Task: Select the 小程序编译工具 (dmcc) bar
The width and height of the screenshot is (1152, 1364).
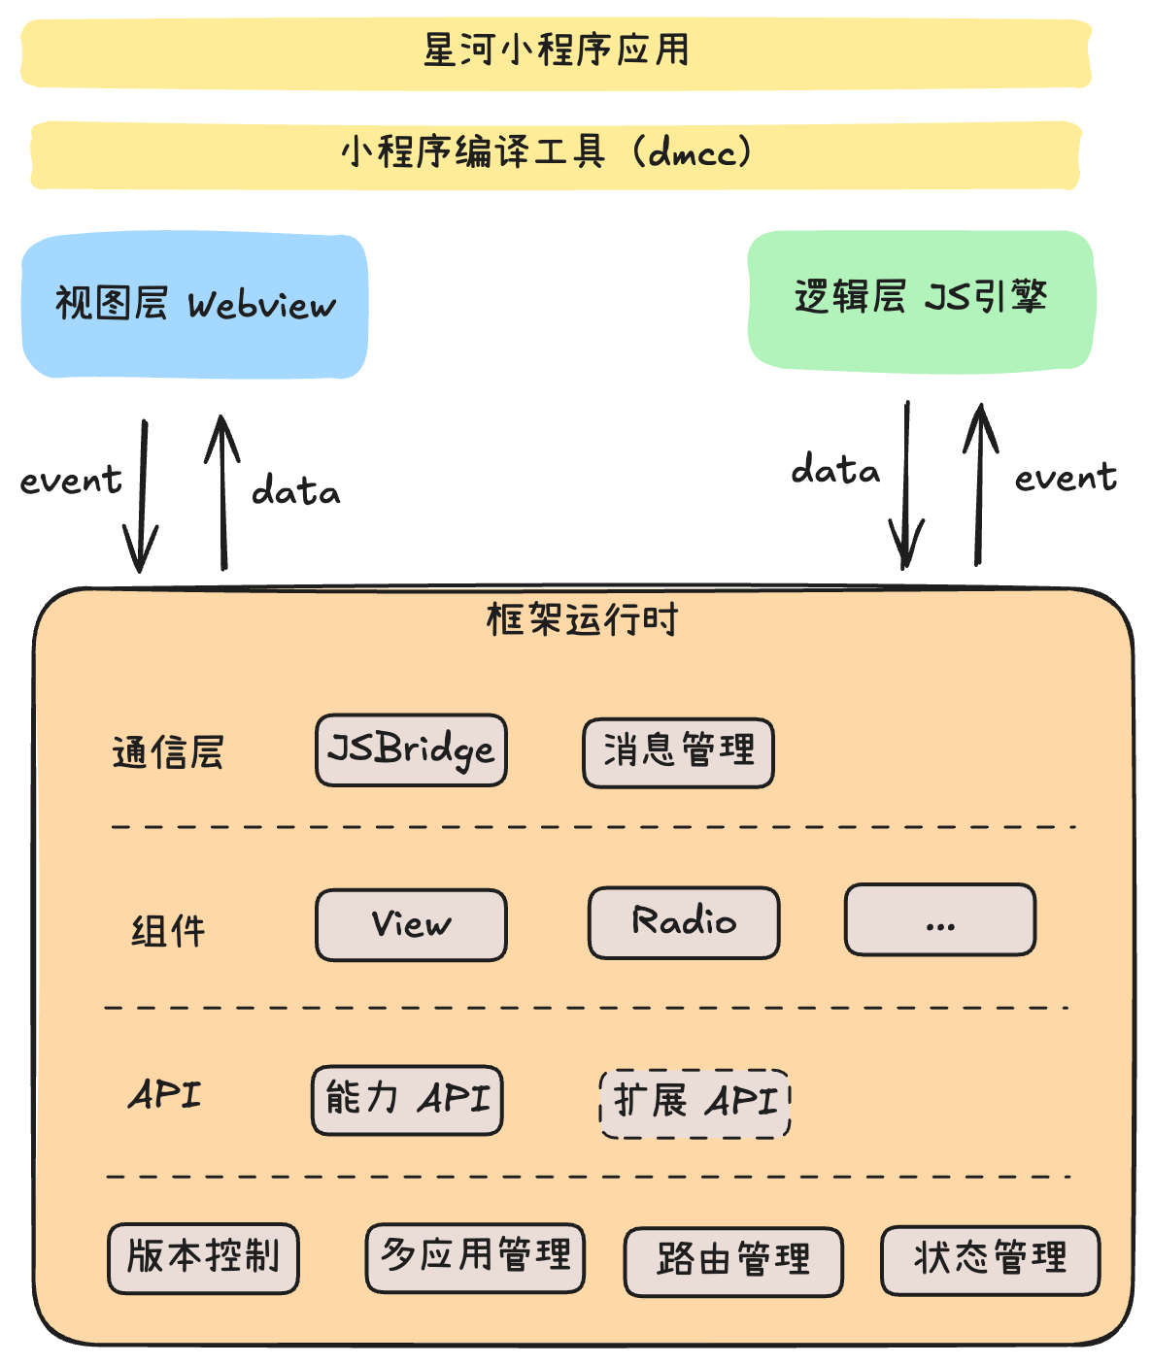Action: click(x=555, y=153)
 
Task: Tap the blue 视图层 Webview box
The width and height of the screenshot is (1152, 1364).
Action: click(x=195, y=305)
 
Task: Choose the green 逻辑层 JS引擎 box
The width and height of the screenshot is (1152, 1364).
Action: click(x=921, y=299)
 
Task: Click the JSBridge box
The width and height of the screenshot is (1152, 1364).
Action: click(x=411, y=749)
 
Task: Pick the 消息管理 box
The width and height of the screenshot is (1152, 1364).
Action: click(x=678, y=751)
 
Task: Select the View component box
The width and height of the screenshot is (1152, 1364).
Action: click(x=411, y=924)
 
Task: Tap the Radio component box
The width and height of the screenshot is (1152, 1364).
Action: click(x=684, y=922)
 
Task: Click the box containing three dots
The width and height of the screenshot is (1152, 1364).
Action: click(x=939, y=919)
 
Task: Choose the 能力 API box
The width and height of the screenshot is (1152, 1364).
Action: click(x=407, y=1100)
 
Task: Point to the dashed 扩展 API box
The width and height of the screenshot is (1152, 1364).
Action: click(x=695, y=1103)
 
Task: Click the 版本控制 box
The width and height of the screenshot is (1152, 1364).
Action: click(x=203, y=1257)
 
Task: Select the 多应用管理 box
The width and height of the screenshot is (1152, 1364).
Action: click(x=475, y=1256)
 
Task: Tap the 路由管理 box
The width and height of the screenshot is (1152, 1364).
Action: click(x=733, y=1261)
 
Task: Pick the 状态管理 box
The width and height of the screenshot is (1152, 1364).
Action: click(x=990, y=1260)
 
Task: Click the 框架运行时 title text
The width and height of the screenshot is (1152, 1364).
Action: click(x=582, y=619)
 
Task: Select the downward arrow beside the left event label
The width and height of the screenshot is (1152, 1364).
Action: click(x=142, y=495)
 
